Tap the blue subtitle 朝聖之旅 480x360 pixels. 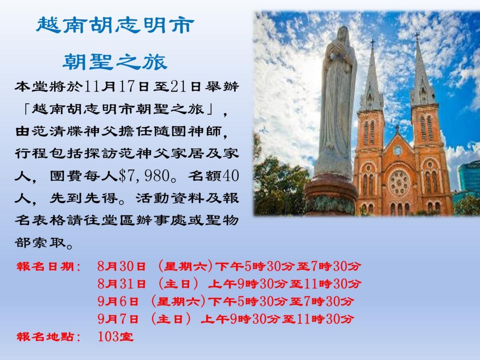tap(115, 62)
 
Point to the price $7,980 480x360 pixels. tap(144, 176)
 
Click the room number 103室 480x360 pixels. tap(116, 336)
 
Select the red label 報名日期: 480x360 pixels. tap(48, 267)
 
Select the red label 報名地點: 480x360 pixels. tap(48, 337)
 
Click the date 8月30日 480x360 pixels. tap(121, 266)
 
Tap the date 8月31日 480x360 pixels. tap(121, 284)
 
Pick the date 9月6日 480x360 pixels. tap(118, 302)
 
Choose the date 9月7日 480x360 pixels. tap(118, 319)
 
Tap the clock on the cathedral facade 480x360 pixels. tap(398, 150)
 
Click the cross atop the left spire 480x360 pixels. tap(372, 43)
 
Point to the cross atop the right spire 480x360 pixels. tap(417, 36)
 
